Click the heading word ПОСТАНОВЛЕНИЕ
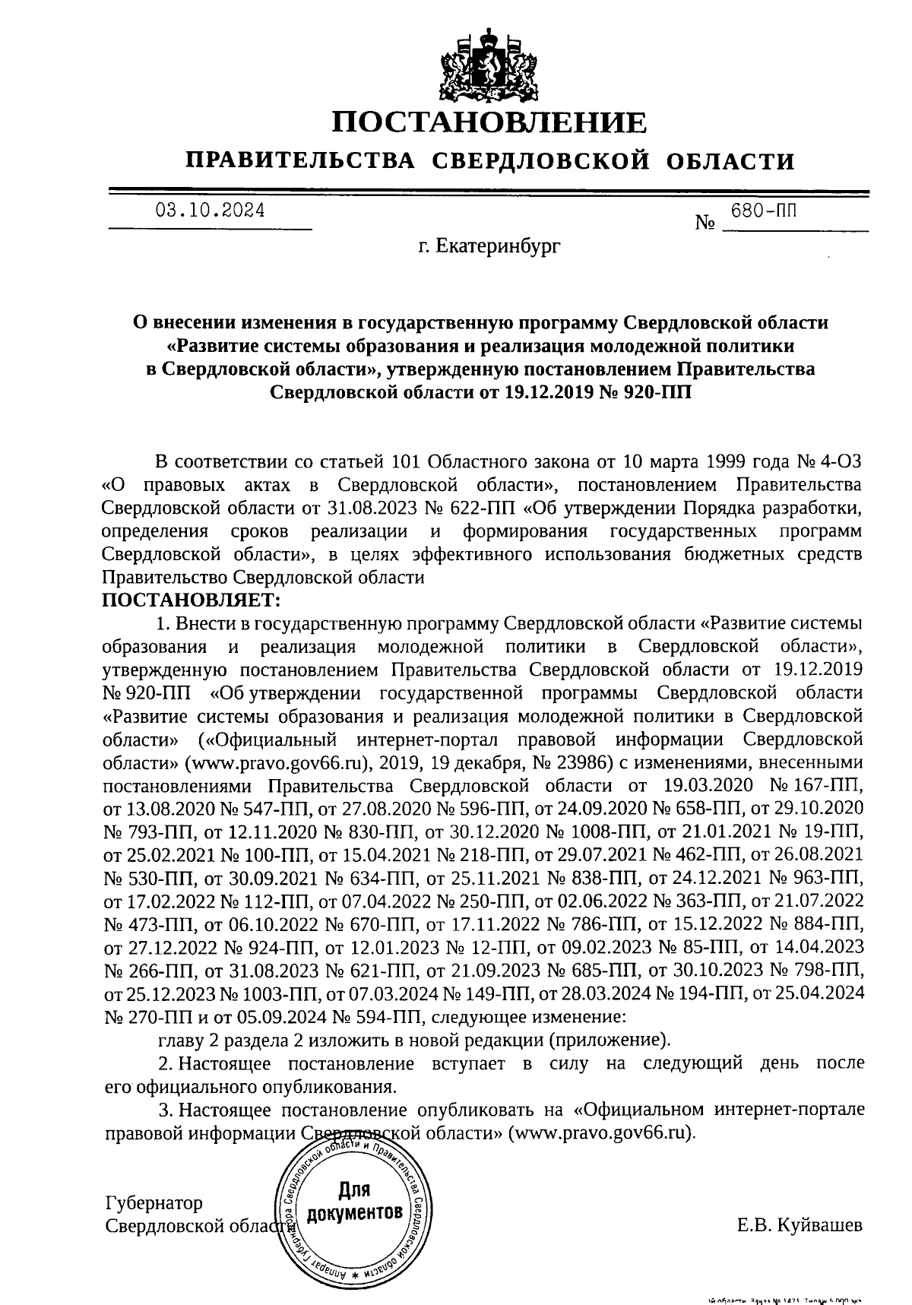click(490, 122)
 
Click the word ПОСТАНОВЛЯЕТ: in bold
click(192, 600)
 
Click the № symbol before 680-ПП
click(707, 224)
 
